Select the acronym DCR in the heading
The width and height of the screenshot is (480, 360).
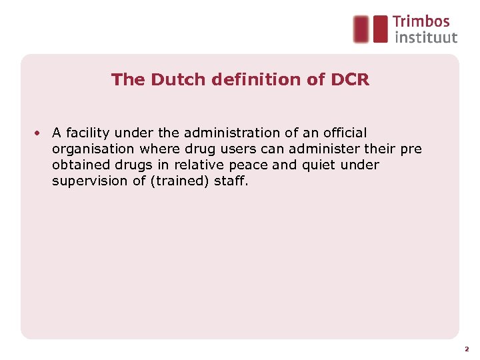pos(349,80)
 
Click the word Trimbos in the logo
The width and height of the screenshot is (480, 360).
pos(421,23)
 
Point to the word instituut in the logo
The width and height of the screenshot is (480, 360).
pos(426,37)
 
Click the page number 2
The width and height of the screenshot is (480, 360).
pos(467,349)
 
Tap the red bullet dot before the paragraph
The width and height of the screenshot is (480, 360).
pos(39,133)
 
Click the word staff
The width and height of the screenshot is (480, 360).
pos(231,181)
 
